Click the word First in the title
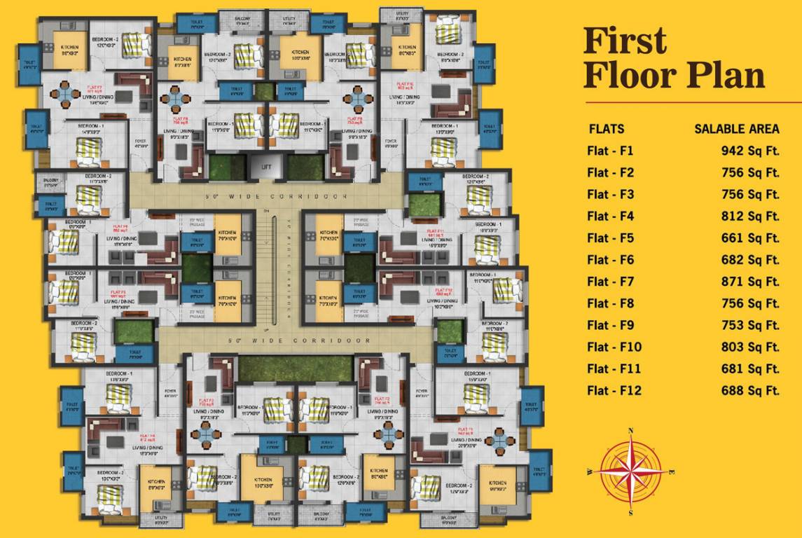[625, 42]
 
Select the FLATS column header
[607, 129]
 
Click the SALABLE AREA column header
[736, 129]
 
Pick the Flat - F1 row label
[610, 151]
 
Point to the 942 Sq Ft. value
[750, 151]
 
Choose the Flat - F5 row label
[610, 237]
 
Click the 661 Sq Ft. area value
[750, 237]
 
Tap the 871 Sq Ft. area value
[750, 281]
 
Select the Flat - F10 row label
[614, 347]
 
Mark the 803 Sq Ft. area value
[750, 347]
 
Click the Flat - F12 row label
[614, 390]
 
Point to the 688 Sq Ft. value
[750, 390]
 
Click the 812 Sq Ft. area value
[750, 216]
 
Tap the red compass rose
[631, 471]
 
